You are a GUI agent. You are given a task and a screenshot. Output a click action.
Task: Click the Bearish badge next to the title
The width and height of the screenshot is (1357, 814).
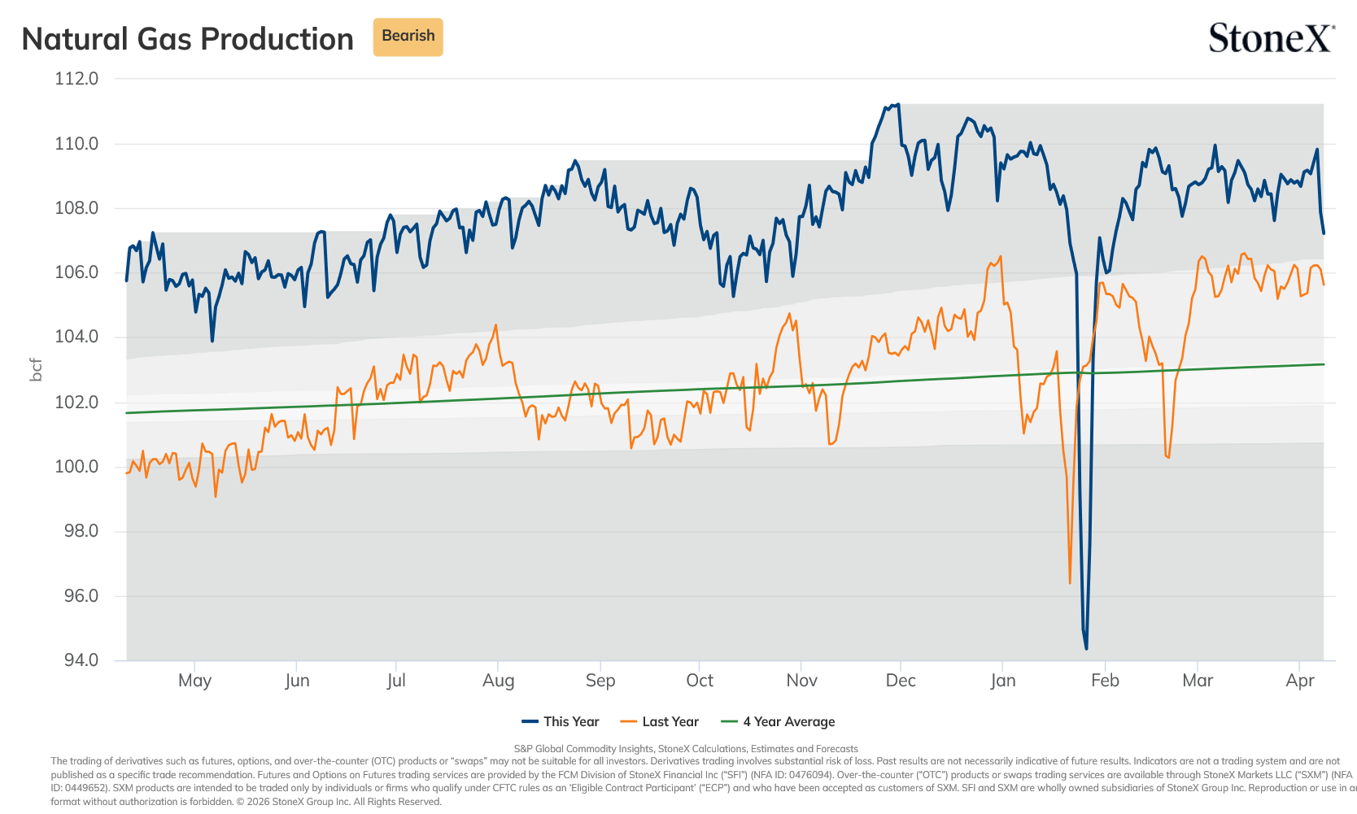click(x=408, y=37)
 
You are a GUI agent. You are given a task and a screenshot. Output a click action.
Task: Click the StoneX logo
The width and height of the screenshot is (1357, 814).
click(x=1272, y=37)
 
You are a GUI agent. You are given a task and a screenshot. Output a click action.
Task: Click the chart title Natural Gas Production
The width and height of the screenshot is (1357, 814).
click(x=187, y=39)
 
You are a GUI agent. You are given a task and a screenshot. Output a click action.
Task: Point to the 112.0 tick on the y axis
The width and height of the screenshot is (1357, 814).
click(x=76, y=79)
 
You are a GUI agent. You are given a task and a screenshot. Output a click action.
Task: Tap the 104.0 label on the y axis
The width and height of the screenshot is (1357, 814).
click(x=76, y=337)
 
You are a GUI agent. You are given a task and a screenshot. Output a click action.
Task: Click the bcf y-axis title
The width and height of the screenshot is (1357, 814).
click(x=36, y=369)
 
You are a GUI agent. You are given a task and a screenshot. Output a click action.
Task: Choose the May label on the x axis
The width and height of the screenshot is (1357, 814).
click(x=194, y=680)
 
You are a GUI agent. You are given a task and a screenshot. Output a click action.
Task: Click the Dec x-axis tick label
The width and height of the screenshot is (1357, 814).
click(x=901, y=680)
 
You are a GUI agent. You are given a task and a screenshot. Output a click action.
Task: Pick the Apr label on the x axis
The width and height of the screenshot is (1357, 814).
click(x=1300, y=680)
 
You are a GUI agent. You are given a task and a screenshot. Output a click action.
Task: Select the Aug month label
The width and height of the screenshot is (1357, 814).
click(x=498, y=680)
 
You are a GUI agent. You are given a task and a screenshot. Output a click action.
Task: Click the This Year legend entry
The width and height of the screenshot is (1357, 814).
click(x=561, y=721)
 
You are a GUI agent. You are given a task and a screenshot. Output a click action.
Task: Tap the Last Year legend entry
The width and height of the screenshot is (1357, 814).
click(x=660, y=721)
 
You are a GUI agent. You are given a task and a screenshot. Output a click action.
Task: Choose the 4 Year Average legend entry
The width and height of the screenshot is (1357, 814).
click(x=778, y=721)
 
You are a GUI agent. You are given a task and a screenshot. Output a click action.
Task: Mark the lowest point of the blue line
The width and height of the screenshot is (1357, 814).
click(x=1086, y=649)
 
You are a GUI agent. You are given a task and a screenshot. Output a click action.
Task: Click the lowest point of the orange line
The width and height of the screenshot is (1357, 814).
click(x=1070, y=583)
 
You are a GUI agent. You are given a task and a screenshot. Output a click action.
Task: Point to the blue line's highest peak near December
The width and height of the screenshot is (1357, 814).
click(x=898, y=104)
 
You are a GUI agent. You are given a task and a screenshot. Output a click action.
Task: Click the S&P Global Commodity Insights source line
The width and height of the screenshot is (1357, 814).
click(x=686, y=749)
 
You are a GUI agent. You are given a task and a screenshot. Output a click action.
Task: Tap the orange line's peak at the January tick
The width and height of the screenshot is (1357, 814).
click(x=1000, y=256)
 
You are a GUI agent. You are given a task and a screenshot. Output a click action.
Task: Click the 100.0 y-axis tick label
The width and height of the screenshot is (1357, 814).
click(x=76, y=467)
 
